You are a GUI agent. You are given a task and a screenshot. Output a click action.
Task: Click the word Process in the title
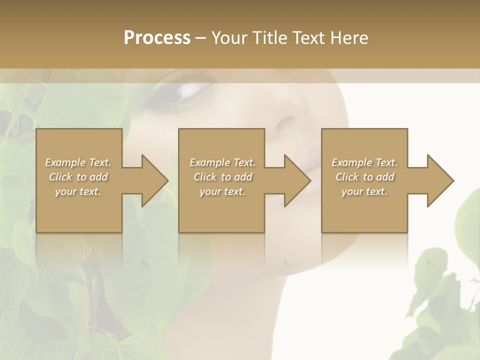pos(157,38)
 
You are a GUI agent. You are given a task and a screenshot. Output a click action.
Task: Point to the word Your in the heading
pos(229,38)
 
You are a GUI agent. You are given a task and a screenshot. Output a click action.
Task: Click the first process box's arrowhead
pos(155,180)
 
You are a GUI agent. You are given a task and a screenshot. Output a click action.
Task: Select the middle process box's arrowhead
pos(297,180)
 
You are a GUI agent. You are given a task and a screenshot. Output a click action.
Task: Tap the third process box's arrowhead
pos(440,180)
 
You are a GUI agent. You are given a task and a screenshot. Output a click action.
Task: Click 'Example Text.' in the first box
pos(78,162)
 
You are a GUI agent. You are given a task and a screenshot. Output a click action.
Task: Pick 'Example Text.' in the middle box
pos(222,162)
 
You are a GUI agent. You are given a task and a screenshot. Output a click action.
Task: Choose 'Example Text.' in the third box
pos(364,162)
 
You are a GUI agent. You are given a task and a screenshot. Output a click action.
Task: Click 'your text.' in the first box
pos(78,191)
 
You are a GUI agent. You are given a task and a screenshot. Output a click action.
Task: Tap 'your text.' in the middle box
pos(222,191)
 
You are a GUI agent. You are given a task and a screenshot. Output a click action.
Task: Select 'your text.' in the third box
pos(364,191)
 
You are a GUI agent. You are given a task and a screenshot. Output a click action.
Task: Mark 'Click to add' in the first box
pos(78,177)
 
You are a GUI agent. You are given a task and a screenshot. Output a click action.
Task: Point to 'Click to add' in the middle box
pos(222,177)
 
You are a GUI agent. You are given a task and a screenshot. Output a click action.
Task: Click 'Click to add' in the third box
pos(364,177)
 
